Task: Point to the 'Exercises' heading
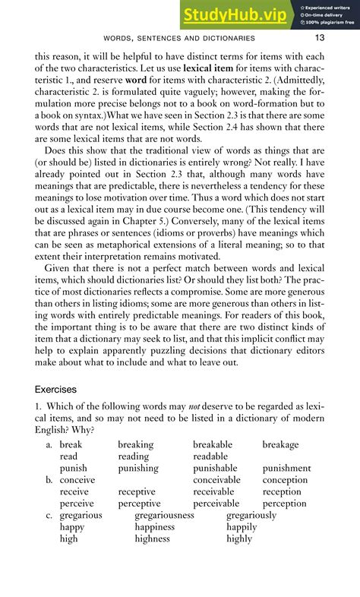[x=55, y=389]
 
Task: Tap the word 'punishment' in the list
[x=286, y=469]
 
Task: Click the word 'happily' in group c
[x=242, y=527]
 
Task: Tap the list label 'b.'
[x=49, y=480]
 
